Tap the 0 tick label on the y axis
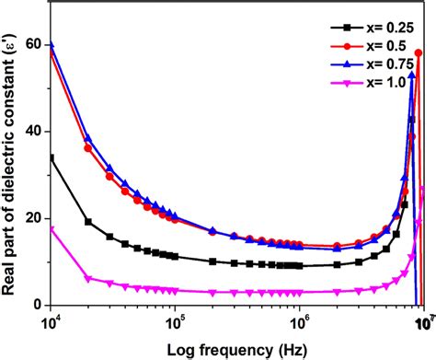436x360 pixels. [40, 305]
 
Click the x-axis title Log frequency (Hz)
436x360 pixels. [237, 349]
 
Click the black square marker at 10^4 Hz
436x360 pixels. [52, 157]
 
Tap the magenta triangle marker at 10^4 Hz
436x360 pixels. [52, 229]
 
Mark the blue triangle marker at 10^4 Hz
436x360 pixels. [52, 43]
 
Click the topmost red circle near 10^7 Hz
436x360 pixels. [419, 53]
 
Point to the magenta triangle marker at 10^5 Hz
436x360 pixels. [176, 290]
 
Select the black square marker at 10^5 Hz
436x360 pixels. [176, 256]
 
